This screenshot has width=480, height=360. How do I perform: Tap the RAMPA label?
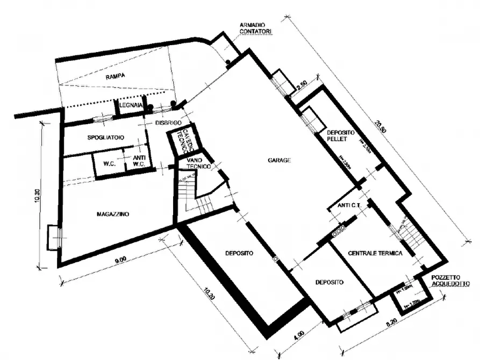[x=115, y=76]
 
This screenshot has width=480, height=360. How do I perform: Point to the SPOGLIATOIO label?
[x=106, y=138]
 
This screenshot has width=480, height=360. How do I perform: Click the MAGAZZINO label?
[x=113, y=214]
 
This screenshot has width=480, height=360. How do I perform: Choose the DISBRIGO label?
[x=167, y=123]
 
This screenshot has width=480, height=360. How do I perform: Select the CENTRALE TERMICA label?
[x=375, y=254]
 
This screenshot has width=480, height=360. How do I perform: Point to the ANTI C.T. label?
[x=349, y=206]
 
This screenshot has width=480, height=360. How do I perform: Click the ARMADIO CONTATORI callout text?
[x=256, y=28]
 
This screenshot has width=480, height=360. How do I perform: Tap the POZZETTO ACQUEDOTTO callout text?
[x=449, y=281]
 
